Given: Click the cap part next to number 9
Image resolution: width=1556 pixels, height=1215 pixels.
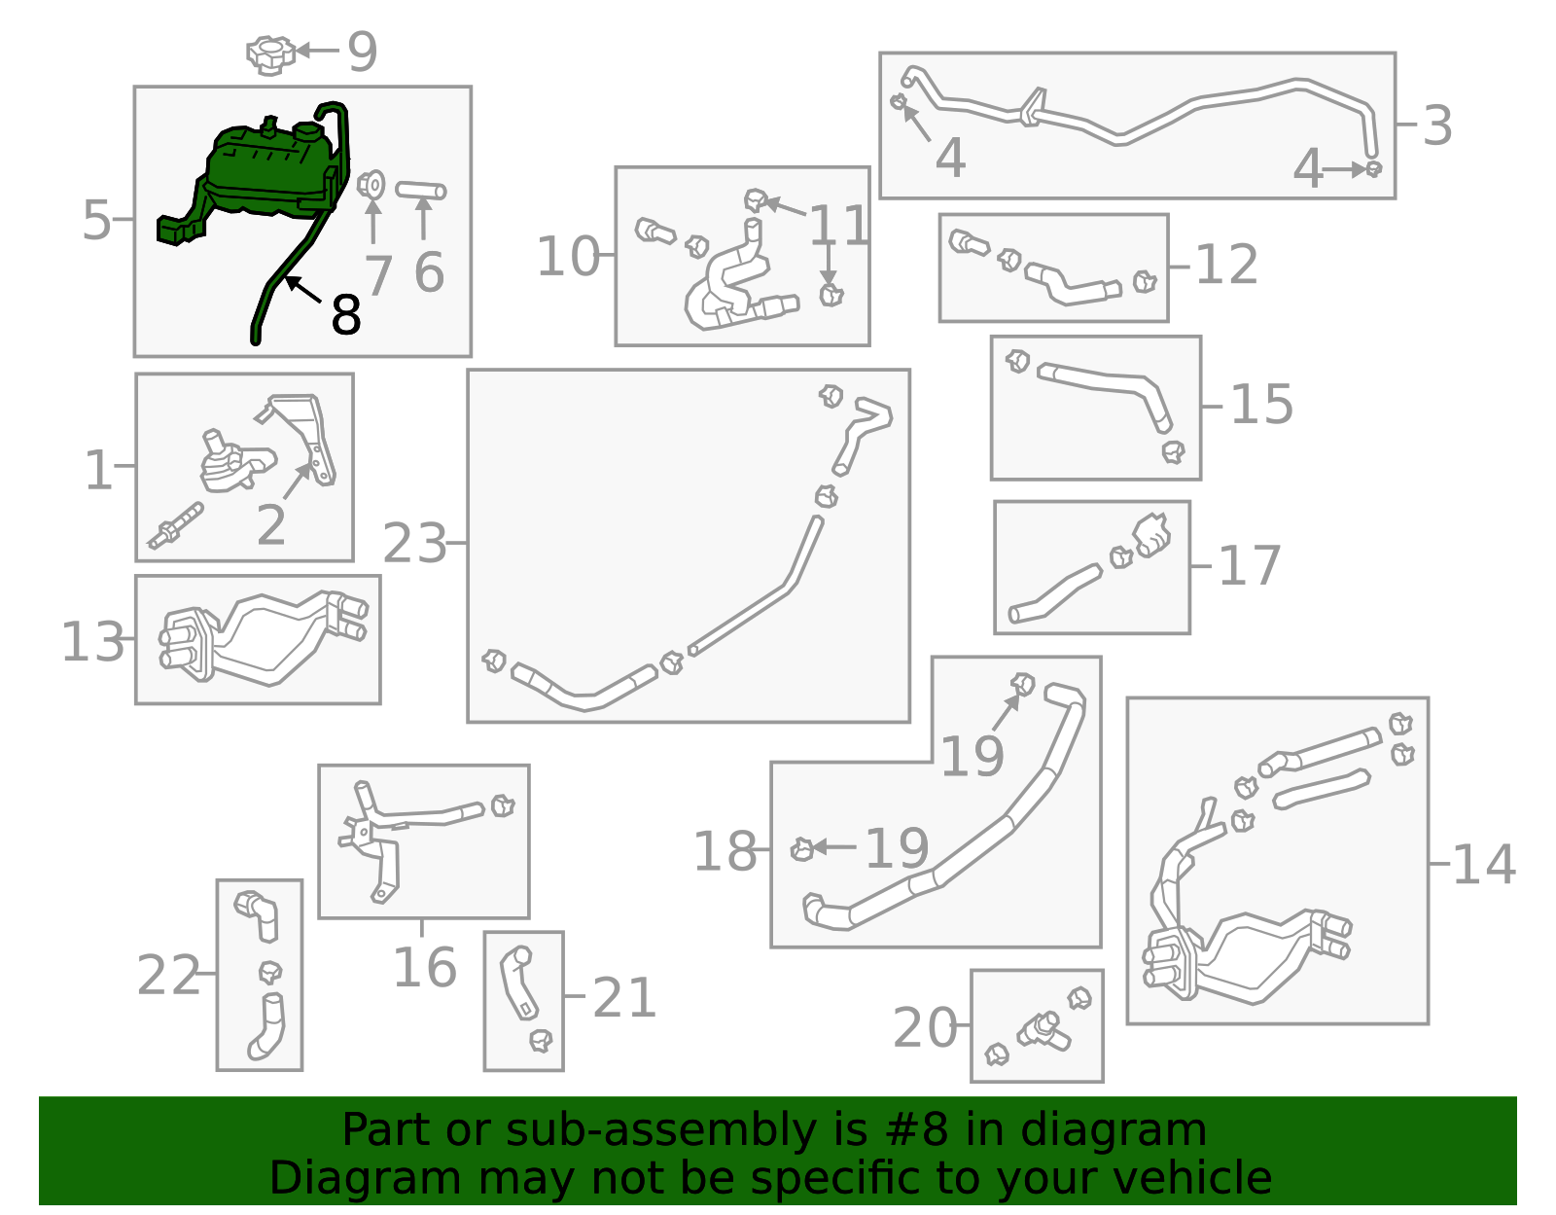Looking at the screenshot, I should pos(269,54).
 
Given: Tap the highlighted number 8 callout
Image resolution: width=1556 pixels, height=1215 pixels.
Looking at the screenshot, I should pos(345,314).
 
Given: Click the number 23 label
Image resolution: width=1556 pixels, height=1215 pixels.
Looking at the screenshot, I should pos(414,544).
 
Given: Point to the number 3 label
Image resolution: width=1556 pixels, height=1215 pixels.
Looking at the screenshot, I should pos(1436,126).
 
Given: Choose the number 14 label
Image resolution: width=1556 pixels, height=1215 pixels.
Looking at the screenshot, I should pos(1482,865).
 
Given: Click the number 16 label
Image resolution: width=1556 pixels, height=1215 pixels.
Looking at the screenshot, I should pos(424,968).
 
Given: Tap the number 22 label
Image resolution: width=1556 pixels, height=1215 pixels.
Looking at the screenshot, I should pos(168,976).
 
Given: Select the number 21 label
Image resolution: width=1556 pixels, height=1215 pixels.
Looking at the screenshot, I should pos(624,998).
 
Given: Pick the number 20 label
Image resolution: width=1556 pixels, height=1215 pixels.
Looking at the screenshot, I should pos(925,1028).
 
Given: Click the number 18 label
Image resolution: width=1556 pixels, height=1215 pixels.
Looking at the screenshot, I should pos(725,852).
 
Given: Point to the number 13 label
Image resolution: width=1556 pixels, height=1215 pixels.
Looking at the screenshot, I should pos(92,642).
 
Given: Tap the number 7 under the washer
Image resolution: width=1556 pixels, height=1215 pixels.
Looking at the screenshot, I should pos(377,275).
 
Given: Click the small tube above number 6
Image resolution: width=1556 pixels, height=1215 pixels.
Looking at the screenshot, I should pos(421,190).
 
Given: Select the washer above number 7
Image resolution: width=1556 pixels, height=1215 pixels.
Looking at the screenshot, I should pos(371,184).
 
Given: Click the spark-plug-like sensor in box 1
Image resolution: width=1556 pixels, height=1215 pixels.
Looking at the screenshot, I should pos(176,526).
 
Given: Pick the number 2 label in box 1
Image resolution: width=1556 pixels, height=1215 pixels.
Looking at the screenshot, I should pos(270,525).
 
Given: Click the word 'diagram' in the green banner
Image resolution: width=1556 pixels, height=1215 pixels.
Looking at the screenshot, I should pos(1150,1130).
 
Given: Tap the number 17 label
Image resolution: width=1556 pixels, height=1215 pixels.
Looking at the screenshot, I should pos(1249,566).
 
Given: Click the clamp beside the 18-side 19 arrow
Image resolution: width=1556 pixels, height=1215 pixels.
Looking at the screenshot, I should pos(801,849).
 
